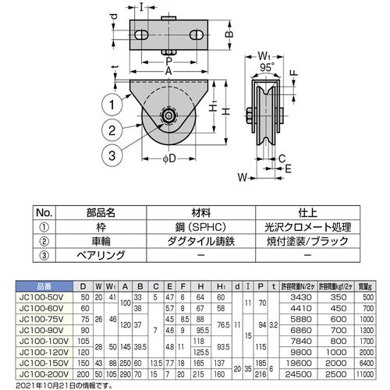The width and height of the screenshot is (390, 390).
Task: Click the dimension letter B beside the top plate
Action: point(230,34)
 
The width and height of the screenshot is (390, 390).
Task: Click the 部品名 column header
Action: point(100,211)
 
